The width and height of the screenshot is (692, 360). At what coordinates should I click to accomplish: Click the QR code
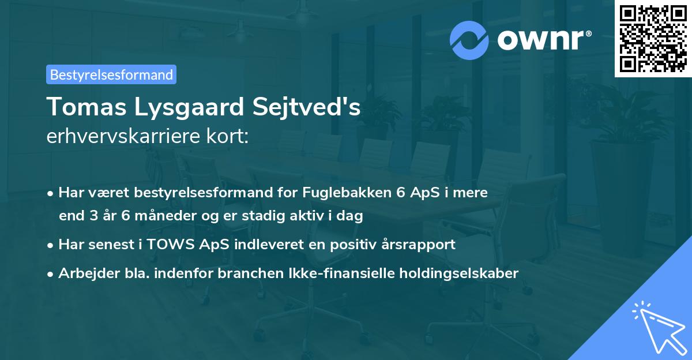pyautogui.click(x=652, y=39)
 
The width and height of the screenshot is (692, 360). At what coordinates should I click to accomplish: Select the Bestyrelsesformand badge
pyautogui.click(x=111, y=74)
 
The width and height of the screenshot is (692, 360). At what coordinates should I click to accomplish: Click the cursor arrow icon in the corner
pyautogui.click(x=657, y=326)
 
